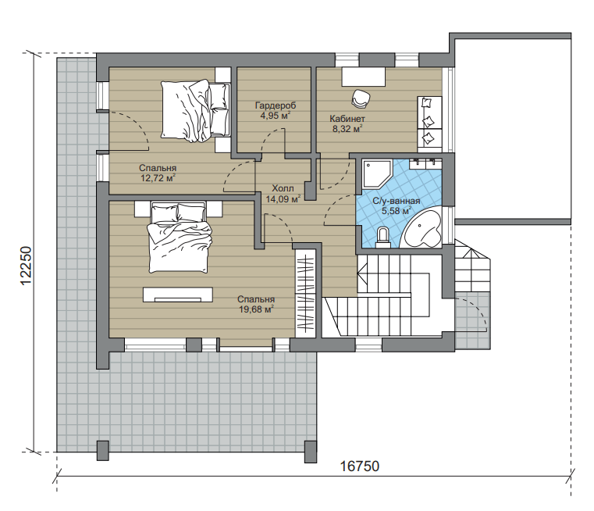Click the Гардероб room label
click(x=276, y=105)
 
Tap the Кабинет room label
click(x=347, y=119)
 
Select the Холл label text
click(x=283, y=188)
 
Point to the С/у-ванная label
click(x=397, y=201)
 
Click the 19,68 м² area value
click(x=257, y=309)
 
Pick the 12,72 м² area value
click(x=158, y=178)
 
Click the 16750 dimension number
click(x=360, y=466)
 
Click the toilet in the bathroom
click(x=383, y=238)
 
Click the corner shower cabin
click(x=376, y=174)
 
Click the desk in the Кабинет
click(x=364, y=77)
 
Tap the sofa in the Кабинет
click(x=429, y=122)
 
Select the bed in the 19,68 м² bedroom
click(x=180, y=237)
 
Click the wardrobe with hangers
click(x=305, y=293)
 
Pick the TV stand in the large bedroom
click(x=178, y=295)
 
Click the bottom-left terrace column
click(x=103, y=450)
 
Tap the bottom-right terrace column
click(x=310, y=452)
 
